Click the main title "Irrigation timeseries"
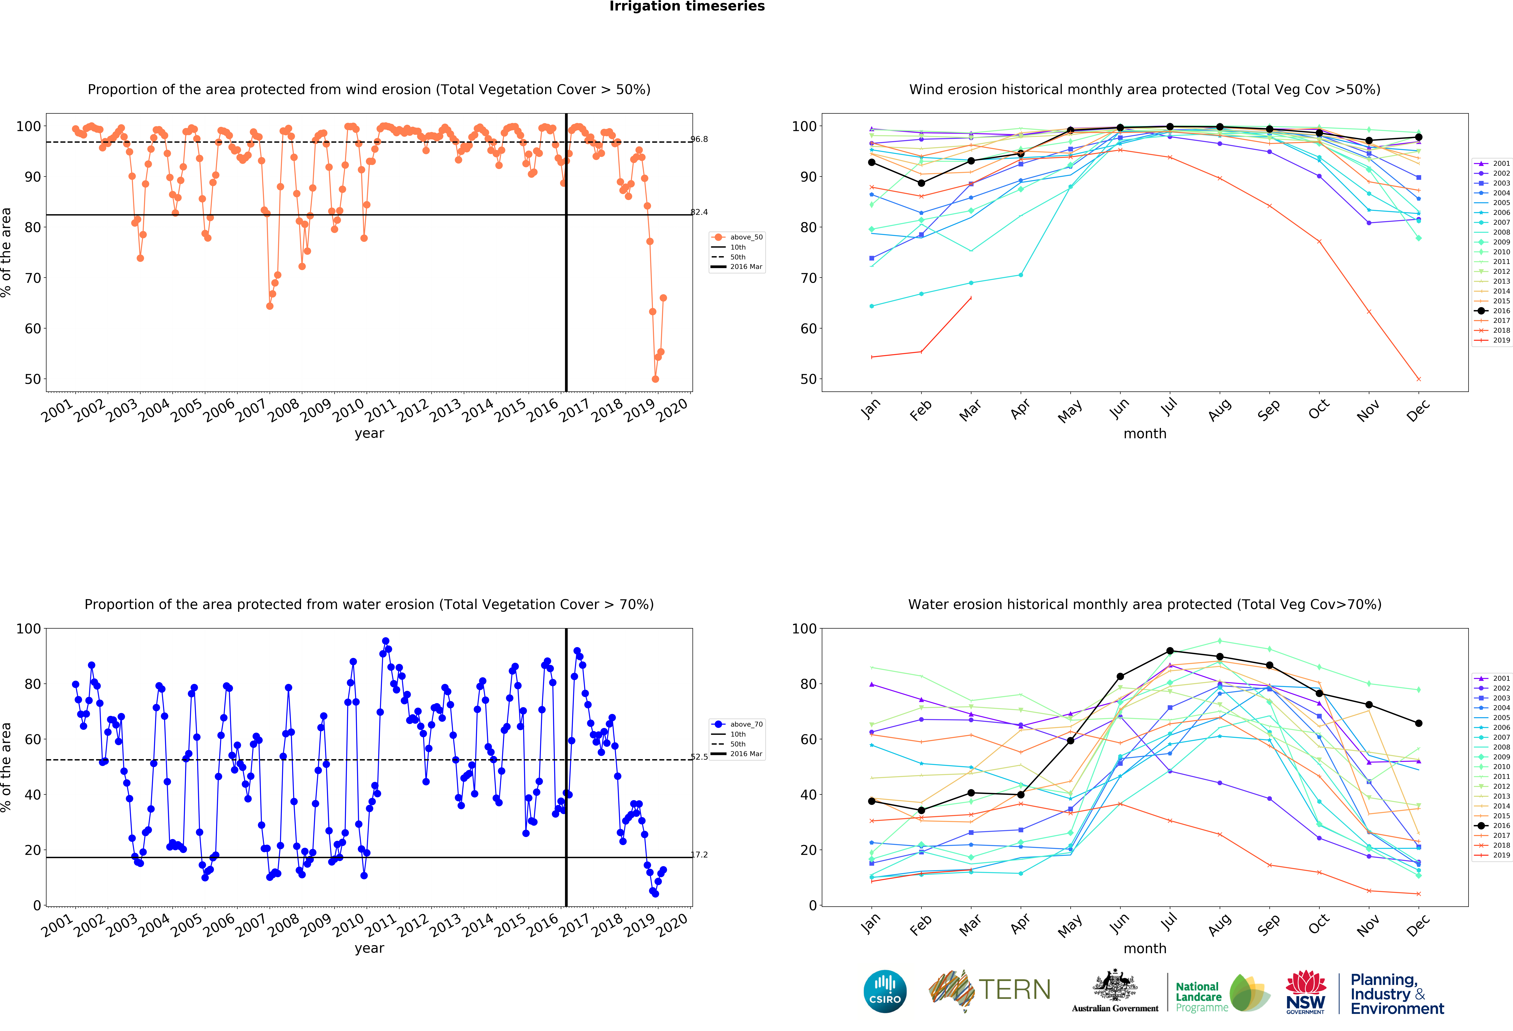pos(687,6)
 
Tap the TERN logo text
pos(1014,990)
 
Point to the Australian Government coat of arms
pos(1115,986)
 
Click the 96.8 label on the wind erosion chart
pos(699,139)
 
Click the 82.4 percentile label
pos(699,212)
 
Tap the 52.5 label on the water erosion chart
pos(699,757)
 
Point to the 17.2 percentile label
pos(699,855)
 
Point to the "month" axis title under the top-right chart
pos(1144,433)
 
